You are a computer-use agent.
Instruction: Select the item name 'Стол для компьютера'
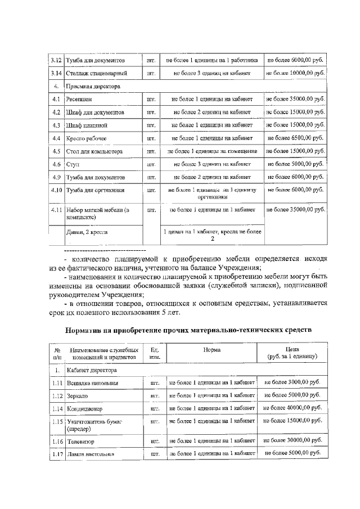pyautogui.click(x=94, y=151)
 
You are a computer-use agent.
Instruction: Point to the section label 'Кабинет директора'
pyautogui.click(x=92, y=371)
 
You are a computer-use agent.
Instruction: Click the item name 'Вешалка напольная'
pyautogui.click(x=92, y=384)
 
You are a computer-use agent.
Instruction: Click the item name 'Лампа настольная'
pyautogui.click(x=91, y=454)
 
